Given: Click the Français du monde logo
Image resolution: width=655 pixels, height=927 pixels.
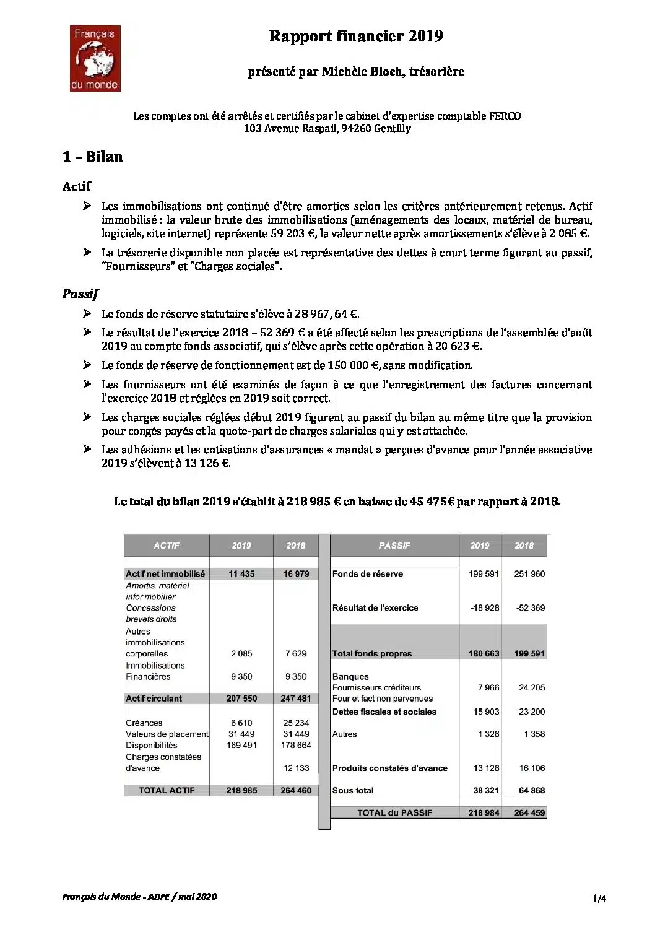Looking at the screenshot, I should point(95,58).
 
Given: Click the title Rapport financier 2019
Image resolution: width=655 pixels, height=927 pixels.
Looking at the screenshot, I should point(355,37).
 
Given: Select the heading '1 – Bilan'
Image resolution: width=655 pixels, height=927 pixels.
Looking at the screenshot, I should point(92,157).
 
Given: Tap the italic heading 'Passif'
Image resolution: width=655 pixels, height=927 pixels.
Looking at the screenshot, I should point(80,294).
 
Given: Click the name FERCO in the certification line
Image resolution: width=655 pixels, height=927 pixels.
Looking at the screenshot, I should point(505,116).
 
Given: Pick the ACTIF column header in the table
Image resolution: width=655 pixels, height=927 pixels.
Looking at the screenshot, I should point(167,546).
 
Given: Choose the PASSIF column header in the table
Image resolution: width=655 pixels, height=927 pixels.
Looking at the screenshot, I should point(394,546).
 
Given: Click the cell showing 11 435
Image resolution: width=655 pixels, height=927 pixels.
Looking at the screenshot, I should point(241,574).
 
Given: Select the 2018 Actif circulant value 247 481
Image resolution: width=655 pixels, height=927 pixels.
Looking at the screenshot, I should point(296,699).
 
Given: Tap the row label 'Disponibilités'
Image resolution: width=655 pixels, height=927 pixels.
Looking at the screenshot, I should point(152,746).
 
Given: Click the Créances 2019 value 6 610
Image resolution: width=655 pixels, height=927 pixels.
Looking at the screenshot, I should point(241,723).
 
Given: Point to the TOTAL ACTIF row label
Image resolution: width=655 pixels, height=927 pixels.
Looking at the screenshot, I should point(167,790).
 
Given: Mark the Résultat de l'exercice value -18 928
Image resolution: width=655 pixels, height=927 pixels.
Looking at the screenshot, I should point(484,608).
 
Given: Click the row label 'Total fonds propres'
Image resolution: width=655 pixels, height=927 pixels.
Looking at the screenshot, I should point(372,654).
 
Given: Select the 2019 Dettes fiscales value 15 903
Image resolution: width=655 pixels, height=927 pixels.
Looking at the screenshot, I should point(486,712).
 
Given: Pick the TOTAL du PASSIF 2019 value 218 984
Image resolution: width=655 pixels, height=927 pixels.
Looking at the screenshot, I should point(484,813).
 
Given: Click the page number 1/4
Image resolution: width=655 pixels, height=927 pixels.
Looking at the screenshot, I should point(599,899).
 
